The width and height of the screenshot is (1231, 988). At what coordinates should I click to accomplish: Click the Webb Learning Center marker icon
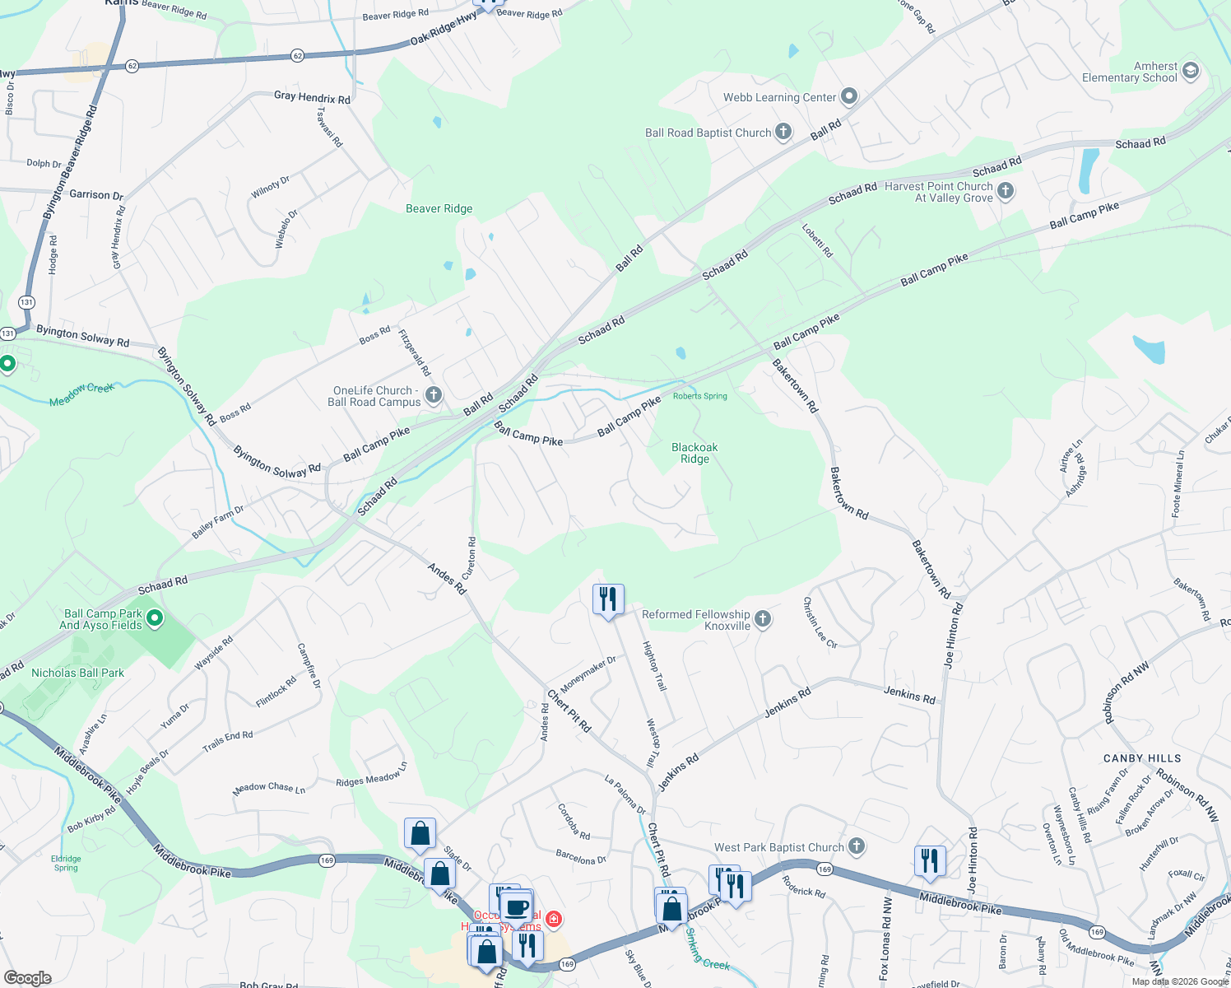[x=849, y=97]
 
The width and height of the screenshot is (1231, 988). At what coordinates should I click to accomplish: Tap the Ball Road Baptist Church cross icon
[x=783, y=132]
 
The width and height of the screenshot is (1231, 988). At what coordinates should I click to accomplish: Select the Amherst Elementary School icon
[x=1190, y=72]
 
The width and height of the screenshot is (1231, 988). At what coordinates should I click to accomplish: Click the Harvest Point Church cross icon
[x=1006, y=192]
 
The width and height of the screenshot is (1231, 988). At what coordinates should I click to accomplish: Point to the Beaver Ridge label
[x=439, y=209]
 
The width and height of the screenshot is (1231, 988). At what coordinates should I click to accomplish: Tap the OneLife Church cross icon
[x=434, y=396]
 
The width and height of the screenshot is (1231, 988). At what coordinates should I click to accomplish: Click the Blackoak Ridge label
[x=694, y=454]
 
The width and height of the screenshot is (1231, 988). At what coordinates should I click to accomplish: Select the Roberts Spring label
[x=700, y=396]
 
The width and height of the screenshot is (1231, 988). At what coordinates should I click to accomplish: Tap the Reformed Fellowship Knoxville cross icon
[x=763, y=620]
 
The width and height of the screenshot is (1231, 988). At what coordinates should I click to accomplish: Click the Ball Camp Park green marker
[x=154, y=618]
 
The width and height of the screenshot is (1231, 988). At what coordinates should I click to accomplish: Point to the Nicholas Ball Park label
[x=77, y=673]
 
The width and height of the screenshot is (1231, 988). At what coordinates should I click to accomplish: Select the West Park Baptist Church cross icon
[x=857, y=846]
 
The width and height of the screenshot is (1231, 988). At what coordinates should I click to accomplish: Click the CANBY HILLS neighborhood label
[x=1142, y=758]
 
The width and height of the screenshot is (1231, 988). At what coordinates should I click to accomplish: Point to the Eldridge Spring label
[x=66, y=863]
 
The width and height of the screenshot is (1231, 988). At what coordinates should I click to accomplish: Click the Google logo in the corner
[x=27, y=978]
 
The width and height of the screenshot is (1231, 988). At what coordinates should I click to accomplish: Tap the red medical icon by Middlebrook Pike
[x=554, y=919]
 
